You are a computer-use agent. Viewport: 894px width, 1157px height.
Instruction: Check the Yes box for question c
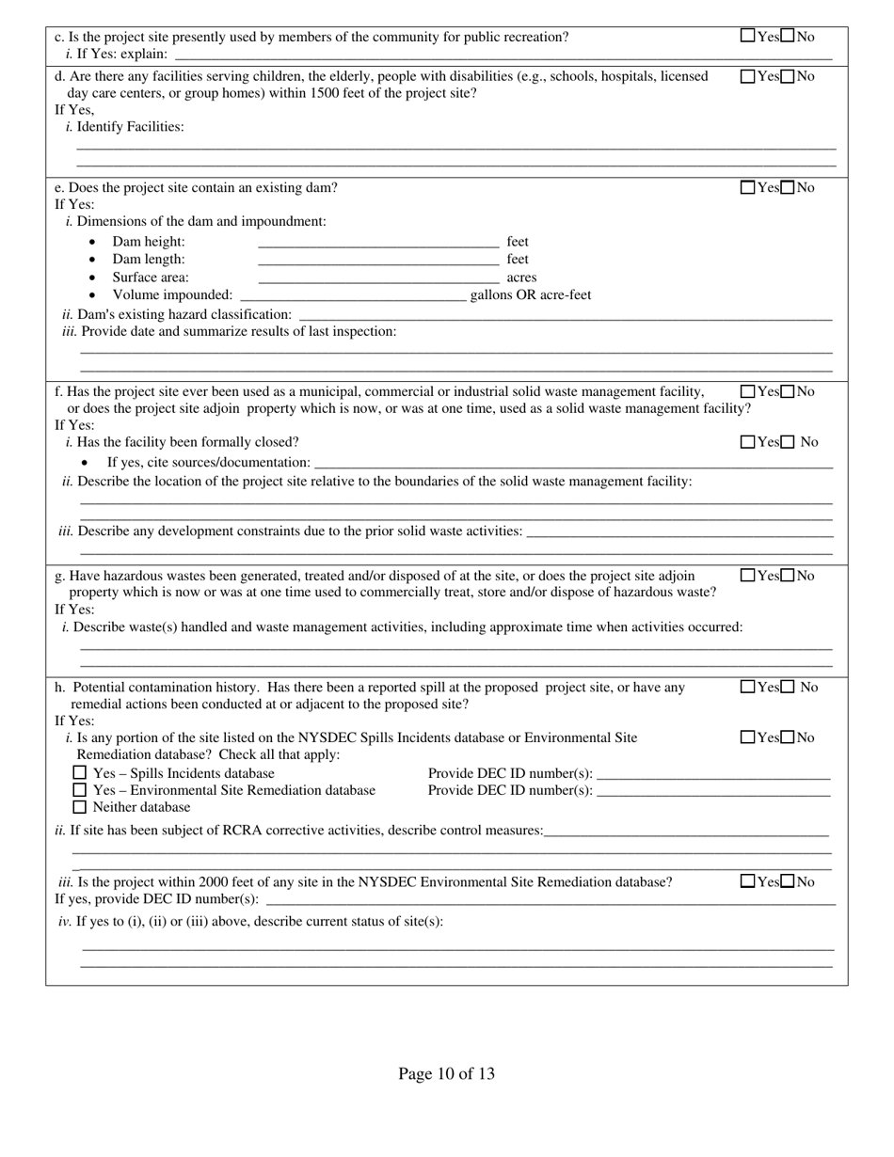coord(748,37)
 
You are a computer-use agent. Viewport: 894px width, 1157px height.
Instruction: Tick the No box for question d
coord(789,76)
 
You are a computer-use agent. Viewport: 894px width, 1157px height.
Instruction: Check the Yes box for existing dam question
coord(748,187)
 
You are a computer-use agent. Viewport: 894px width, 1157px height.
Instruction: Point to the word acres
coord(521,277)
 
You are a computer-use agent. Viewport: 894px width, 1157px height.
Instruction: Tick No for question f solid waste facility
coord(789,391)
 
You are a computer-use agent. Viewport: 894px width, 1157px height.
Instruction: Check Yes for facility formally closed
coord(748,442)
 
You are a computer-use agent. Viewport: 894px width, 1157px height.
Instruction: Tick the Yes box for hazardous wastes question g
coord(748,576)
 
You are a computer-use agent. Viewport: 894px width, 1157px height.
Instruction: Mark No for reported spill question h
coord(789,688)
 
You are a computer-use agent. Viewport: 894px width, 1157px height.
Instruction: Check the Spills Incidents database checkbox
coord(80,773)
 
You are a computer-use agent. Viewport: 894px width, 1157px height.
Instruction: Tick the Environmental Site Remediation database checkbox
coord(80,790)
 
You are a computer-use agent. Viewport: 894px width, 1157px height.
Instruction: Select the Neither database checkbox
coord(80,807)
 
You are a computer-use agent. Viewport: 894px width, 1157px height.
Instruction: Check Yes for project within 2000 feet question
coord(748,881)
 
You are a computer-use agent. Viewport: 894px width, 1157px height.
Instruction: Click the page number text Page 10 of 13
coord(446,1073)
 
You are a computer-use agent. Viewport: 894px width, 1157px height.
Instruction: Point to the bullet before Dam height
coord(91,243)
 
